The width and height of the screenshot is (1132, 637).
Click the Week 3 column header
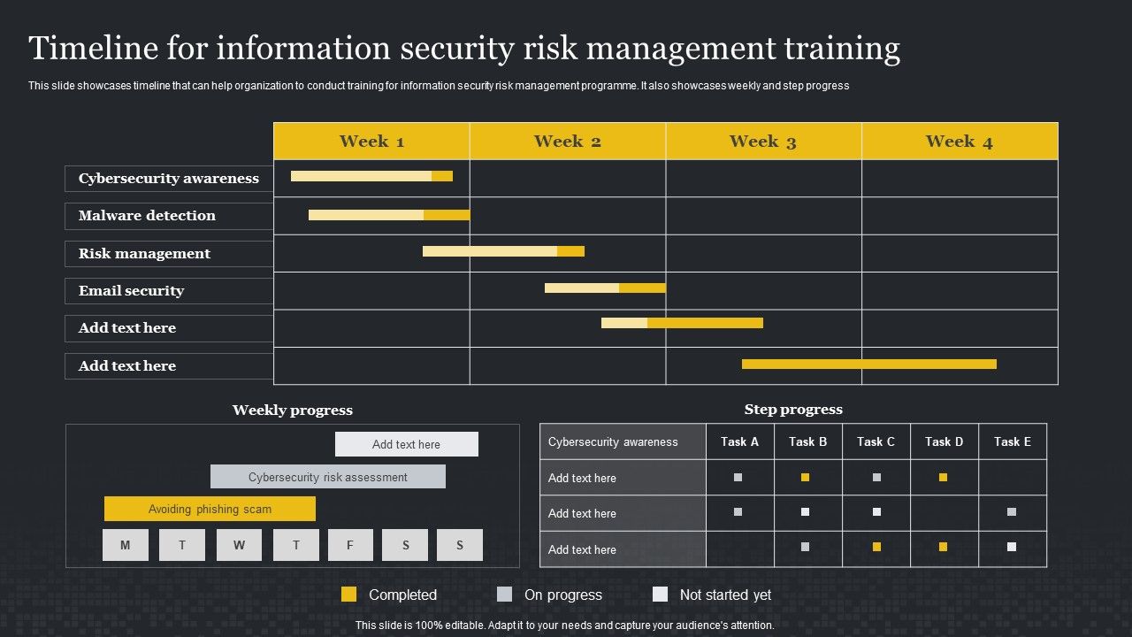tap(763, 142)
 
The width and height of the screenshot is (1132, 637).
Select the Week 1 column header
tap(371, 142)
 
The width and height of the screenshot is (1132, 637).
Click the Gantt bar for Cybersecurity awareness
tap(371, 176)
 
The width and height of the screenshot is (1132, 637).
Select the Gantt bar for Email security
tap(605, 288)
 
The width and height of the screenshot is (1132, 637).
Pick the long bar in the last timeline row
tap(868, 364)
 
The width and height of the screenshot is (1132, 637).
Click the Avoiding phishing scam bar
tap(210, 509)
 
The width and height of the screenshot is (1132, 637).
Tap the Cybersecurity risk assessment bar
tap(327, 477)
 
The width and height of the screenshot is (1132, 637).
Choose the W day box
tap(239, 545)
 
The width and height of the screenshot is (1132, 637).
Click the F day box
tap(350, 545)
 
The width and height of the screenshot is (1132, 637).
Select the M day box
tap(125, 545)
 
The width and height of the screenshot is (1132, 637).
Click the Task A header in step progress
tap(739, 441)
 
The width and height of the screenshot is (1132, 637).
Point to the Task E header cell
tap(1012, 441)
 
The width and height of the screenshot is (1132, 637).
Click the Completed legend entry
tap(389, 595)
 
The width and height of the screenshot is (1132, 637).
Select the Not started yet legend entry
tap(712, 595)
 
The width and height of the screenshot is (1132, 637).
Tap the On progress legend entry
tap(549, 595)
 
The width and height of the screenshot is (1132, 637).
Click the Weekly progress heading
tap(292, 411)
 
